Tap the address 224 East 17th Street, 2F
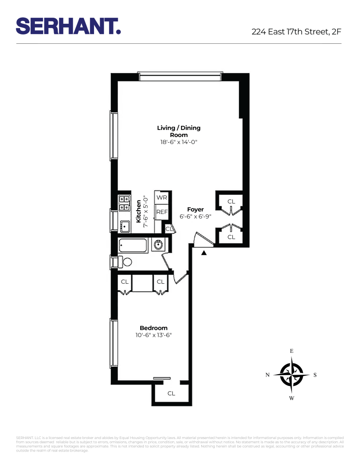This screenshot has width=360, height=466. pyautogui.click(x=297, y=32)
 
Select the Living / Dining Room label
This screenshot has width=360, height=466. pyautogui.click(x=179, y=131)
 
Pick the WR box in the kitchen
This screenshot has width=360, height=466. pyautogui.click(x=162, y=198)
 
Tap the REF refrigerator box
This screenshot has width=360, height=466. pyautogui.click(x=162, y=212)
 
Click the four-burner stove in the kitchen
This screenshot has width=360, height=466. pyautogui.click(x=124, y=204)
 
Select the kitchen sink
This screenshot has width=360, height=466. pyautogui.click(x=124, y=226)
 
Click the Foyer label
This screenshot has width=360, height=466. pyautogui.click(x=196, y=210)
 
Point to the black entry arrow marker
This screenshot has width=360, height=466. pyautogui.click(x=204, y=253)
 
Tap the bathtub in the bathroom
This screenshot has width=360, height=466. pyautogui.click(x=133, y=245)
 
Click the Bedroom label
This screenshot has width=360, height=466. pyautogui.click(x=153, y=328)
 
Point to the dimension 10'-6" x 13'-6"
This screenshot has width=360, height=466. pyautogui.click(x=153, y=335)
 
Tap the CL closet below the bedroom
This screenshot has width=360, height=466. pyautogui.click(x=171, y=393)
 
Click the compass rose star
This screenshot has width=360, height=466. pyautogui.click(x=291, y=374)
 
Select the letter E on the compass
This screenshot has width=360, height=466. pyautogui.click(x=292, y=351)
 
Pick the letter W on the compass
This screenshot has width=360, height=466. pyautogui.click(x=292, y=398)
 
